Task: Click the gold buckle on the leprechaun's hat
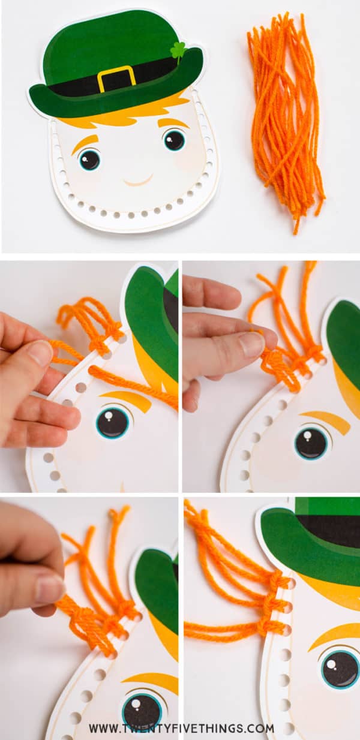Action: click(x=116, y=79)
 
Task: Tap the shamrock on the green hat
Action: click(x=178, y=50)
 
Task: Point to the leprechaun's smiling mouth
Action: click(x=138, y=181)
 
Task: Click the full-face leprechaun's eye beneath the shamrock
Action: click(x=174, y=140)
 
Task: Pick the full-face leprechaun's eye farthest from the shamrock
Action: click(x=89, y=160)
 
